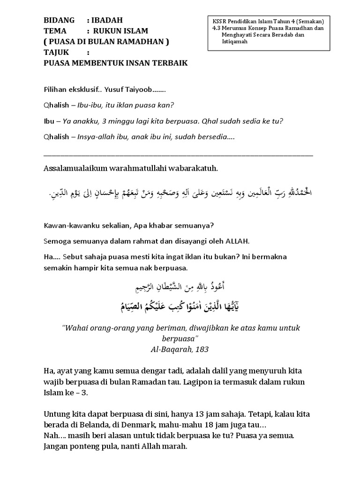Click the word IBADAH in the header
tap(107, 20)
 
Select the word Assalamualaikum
tap(75, 168)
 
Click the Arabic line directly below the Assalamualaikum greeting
tap(180, 192)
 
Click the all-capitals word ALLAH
tap(238, 241)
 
